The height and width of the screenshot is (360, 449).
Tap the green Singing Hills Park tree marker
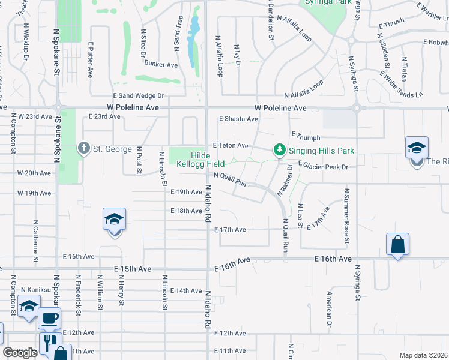click(279, 150)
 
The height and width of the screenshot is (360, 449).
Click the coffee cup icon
click(49, 317)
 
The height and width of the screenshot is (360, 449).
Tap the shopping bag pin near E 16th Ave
click(397, 244)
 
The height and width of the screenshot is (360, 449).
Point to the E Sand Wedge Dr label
click(139, 95)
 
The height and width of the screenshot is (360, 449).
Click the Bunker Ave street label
click(161, 64)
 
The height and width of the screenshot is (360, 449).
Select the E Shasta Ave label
click(238, 119)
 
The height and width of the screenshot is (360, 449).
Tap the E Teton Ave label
click(231, 145)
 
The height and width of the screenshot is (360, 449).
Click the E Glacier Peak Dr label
click(323, 166)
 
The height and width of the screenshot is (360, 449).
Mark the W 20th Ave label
click(34, 173)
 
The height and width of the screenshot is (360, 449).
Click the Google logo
click(20, 353)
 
